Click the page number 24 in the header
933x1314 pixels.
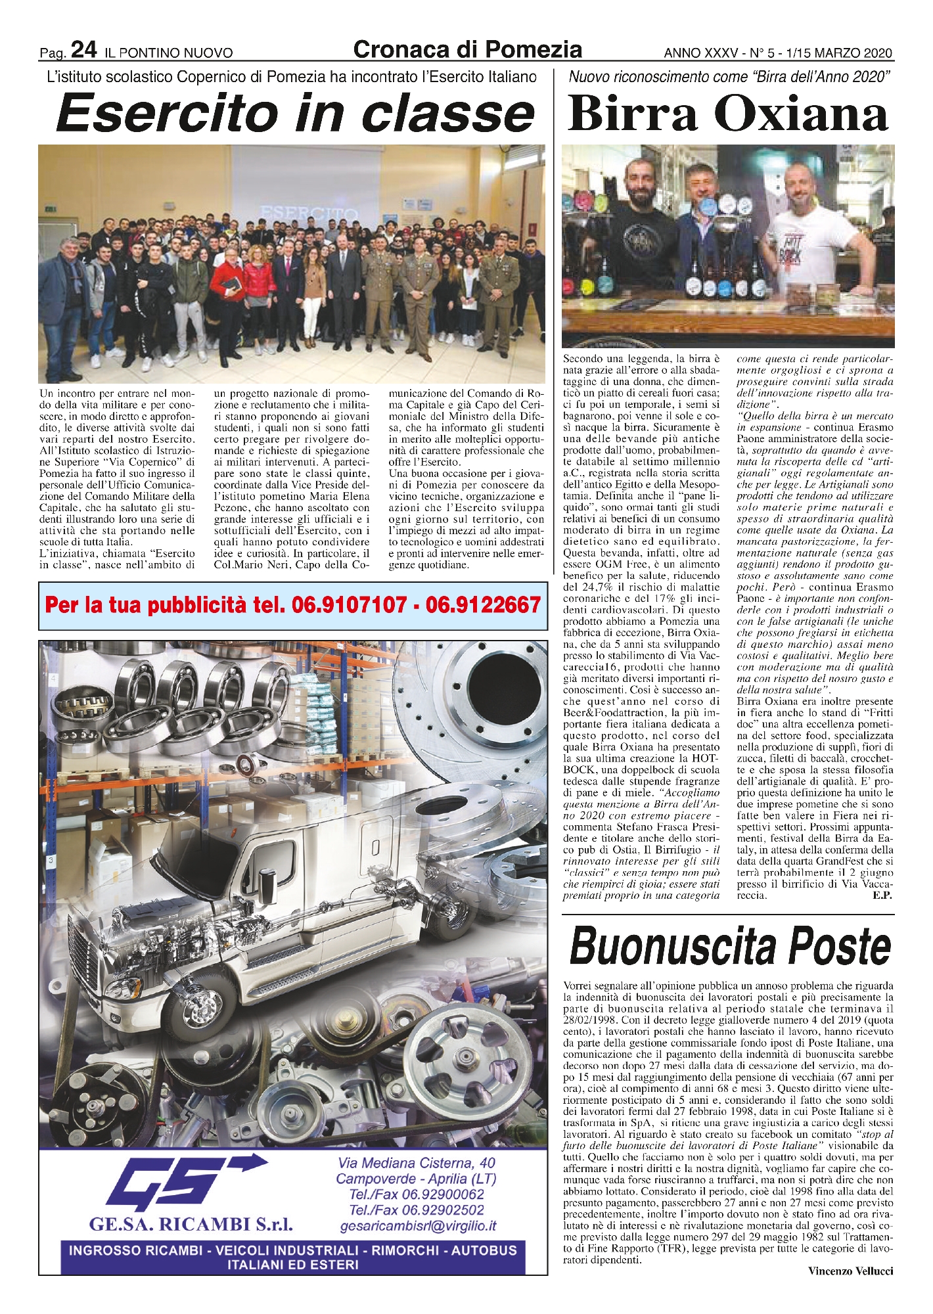[x=84, y=50]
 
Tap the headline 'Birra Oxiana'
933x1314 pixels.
[x=728, y=114]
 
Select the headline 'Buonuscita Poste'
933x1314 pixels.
[x=730, y=947]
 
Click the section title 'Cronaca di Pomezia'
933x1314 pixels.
[x=467, y=49]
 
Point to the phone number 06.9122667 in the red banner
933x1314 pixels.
[x=483, y=604]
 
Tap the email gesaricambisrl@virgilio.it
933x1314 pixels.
[x=418, y=1225]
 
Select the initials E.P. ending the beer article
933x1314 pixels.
[x=882, y=895]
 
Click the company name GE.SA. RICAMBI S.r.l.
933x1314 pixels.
[x=191, y=1224]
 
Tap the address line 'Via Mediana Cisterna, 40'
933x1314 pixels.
[x=417, y=1163]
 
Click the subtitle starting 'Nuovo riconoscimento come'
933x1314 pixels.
[x=729, y=77]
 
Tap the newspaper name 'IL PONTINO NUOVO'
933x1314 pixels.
[x=168, y=53]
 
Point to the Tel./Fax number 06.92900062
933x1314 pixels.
[x=417, y=1194]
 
